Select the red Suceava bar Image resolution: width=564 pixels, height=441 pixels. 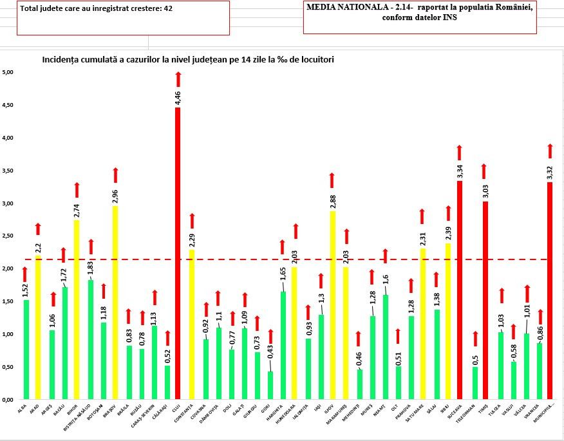click(460, 290)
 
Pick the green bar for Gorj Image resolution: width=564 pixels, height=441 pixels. click(270, 385)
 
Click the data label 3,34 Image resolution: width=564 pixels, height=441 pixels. click(460, 172)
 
